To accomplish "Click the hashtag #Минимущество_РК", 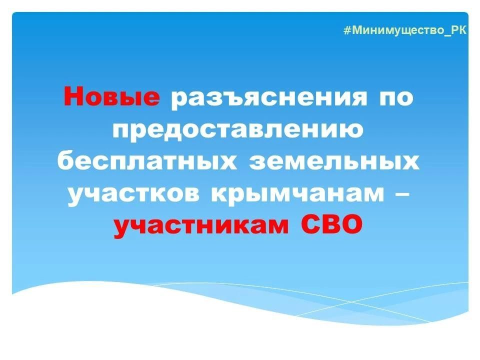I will coord(405,30).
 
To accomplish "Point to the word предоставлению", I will coord(237,129).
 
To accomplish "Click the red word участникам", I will coord(201,226).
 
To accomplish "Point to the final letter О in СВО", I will coord(351,226).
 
